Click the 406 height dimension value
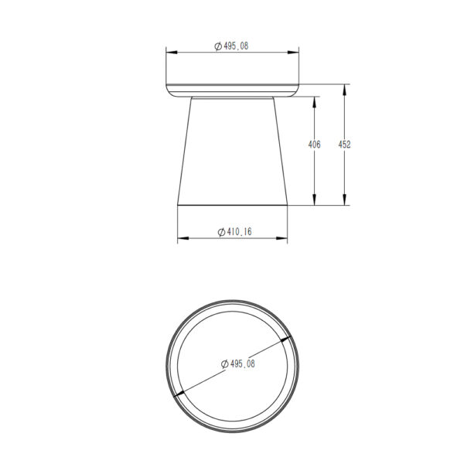point(314,145)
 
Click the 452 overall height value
point(344,145)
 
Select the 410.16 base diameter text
point(239,232)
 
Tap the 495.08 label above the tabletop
point(236,46)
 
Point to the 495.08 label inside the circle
point(242,363)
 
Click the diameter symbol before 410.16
point(221,232)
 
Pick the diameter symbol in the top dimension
point(218,46)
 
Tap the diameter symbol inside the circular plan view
point(224,364)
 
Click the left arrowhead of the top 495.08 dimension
point(172,53)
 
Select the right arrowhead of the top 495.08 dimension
point(293,53)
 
